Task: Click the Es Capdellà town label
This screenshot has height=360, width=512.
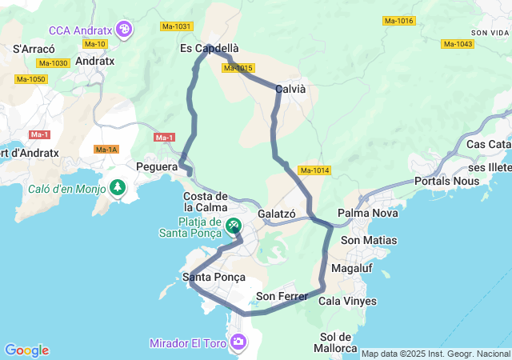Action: tap(209, 49)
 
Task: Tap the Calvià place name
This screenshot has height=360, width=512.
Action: tap(290, 90)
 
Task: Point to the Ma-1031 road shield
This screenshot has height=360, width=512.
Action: tap(177, 26)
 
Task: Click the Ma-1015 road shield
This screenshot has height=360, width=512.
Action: tap(238, 68)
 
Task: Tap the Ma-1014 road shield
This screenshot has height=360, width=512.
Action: tap(314, 170)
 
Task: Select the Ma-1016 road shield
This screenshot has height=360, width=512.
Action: tap(398, 21)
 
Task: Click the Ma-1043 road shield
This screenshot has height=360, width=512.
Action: tap(458, 44)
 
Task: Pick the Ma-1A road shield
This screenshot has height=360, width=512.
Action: tap(106, 150)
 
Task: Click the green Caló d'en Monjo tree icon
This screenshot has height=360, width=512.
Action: tap(118, 188)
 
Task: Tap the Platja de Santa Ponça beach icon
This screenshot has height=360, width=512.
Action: tap(233, 226)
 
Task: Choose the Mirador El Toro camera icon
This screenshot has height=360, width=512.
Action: tap(238, 343)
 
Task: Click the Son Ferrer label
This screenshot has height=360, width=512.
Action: tap(282, 297)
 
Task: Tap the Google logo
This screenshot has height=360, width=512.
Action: tap(26, 350)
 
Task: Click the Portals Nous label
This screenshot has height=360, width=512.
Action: tap(446, 182)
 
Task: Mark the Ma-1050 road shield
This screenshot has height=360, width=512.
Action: tap(30, 79)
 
